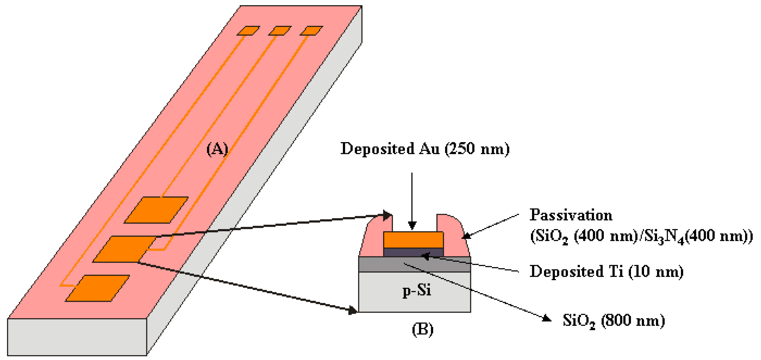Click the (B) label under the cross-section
[x=423, y=329]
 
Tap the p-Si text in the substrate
[x=417, y=291]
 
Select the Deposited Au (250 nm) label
[x=425, y=149]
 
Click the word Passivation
[x=571, y=215]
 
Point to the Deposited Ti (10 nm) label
[x=606, y=271]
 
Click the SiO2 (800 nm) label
[x=614, y=321]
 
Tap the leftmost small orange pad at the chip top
[x=248, y=31]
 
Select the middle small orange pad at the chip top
[x=280, y=31]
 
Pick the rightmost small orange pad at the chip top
[x=311, y=31]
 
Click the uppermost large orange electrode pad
[x=156, y=210]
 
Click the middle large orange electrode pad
[x=124, y=249]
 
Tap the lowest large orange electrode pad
[x=97, y=288]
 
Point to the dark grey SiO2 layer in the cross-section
[x=384, y=264]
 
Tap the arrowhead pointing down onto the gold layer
[x=412, y=226]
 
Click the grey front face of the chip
[x=77, y=337]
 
